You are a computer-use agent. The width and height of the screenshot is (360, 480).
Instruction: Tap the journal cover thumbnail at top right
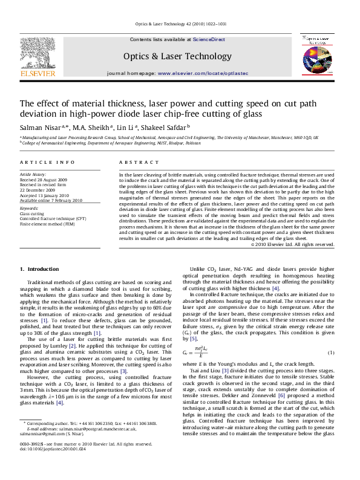pyautogui.click(x=316, y=54)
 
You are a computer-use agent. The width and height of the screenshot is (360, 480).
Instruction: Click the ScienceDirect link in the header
pyautogui.click(x=209, y=39)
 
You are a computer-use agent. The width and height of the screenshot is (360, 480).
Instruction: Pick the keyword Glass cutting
pyautogui.click(x=31, y=214)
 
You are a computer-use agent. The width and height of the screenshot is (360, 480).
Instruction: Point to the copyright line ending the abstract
pyautogui.click(x=292, y=244)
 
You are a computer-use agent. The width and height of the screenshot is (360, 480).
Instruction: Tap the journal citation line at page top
pyautogui.click(x=179, y=25)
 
